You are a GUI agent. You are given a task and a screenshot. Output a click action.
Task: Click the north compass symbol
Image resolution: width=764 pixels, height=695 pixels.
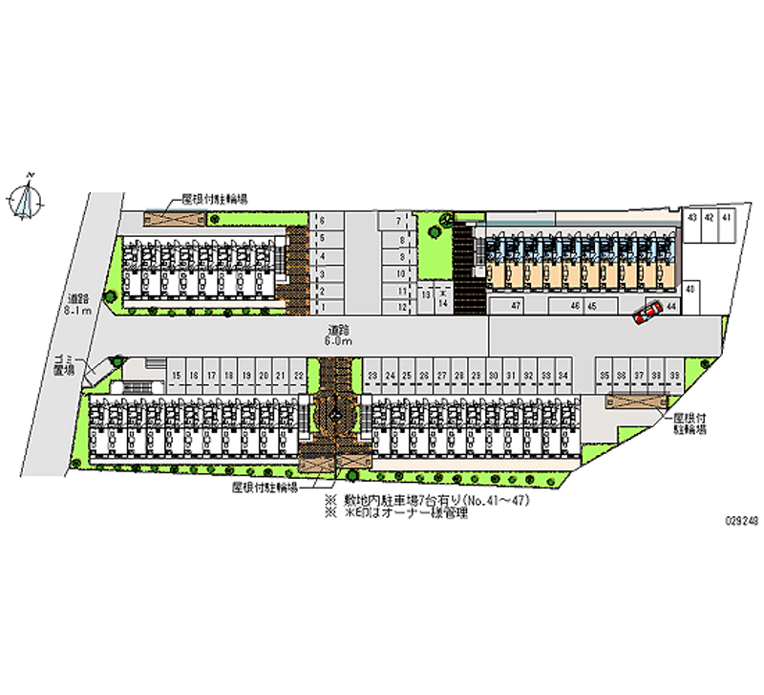pos(28,198)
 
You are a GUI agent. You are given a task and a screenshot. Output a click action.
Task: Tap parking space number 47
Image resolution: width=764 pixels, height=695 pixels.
pos(515,306)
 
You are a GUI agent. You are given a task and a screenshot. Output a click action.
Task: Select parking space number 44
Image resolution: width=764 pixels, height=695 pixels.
pos(671,306)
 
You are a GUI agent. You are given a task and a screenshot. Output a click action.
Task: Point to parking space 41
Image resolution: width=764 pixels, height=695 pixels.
pos(727,218)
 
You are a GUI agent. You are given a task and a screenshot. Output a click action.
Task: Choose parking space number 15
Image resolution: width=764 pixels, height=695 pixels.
pos(176,376)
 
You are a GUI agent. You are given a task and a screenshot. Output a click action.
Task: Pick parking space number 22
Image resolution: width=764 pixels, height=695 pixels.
pos(299,376)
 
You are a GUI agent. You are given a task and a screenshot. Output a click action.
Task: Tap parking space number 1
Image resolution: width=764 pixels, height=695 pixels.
pos(322,307)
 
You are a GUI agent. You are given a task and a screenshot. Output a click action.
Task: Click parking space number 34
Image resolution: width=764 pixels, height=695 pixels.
pos(564,376)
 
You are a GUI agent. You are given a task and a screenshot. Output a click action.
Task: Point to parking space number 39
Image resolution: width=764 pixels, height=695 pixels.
pos(674,376)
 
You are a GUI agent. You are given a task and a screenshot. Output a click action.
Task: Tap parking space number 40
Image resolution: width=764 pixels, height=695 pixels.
pos(690,288)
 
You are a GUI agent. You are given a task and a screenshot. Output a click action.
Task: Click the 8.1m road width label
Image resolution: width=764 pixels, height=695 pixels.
pos(77,305)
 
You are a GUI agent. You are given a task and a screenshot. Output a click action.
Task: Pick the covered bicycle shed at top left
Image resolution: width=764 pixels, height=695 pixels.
pos(175,218)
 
